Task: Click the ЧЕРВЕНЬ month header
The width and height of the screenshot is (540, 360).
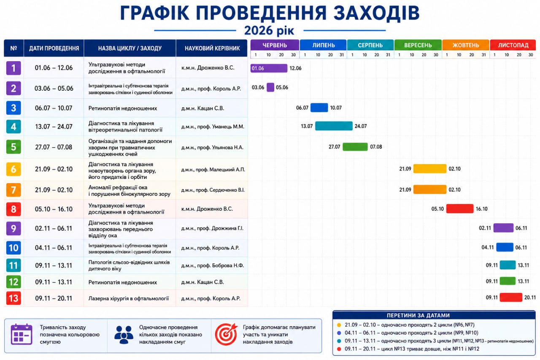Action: click(275, 45)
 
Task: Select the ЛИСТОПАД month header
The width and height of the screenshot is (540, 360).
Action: click(513, 45)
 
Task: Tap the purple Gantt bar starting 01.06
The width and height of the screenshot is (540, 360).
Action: click(269, 68)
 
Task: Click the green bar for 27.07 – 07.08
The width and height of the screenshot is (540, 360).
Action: click(355, 146)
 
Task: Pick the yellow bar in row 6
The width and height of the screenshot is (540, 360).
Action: click(430, 168)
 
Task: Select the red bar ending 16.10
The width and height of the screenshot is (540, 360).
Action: click(460, 208)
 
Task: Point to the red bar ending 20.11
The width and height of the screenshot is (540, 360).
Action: click(511, 297)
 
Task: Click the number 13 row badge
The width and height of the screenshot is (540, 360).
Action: click(13, 298)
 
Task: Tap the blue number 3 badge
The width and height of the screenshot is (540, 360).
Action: click(13, 108)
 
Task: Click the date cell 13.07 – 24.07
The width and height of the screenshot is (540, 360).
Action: click(54, 127)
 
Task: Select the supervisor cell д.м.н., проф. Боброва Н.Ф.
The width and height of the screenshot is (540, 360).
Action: click(212, 265)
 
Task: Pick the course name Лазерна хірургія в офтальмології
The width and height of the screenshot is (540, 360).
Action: click(129, 298)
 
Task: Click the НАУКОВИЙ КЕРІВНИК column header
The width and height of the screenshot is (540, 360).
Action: click(212, 48)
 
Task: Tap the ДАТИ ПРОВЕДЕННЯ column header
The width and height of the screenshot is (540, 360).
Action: click(54, 48)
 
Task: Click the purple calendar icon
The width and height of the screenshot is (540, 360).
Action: click(22, 334)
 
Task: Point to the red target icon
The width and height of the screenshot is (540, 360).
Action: click(226, 334)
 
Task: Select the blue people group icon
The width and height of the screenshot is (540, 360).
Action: click(124, 335)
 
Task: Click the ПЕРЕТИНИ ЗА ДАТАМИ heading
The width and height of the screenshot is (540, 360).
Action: click(418, 315)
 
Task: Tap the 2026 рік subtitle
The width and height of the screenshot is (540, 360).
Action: click(269, 30)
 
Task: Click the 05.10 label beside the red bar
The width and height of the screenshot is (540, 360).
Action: click(437, 209)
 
